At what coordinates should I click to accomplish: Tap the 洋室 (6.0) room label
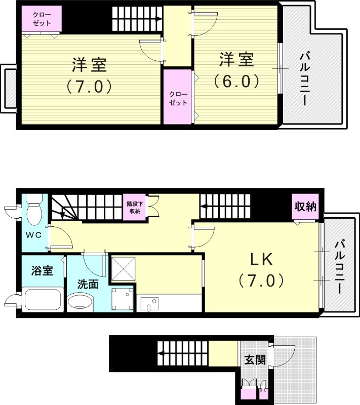pos(236,70)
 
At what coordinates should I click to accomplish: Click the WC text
pos(33,235)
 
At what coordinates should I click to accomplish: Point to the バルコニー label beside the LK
pos(339,268)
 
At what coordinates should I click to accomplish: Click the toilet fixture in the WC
pos(34,213)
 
